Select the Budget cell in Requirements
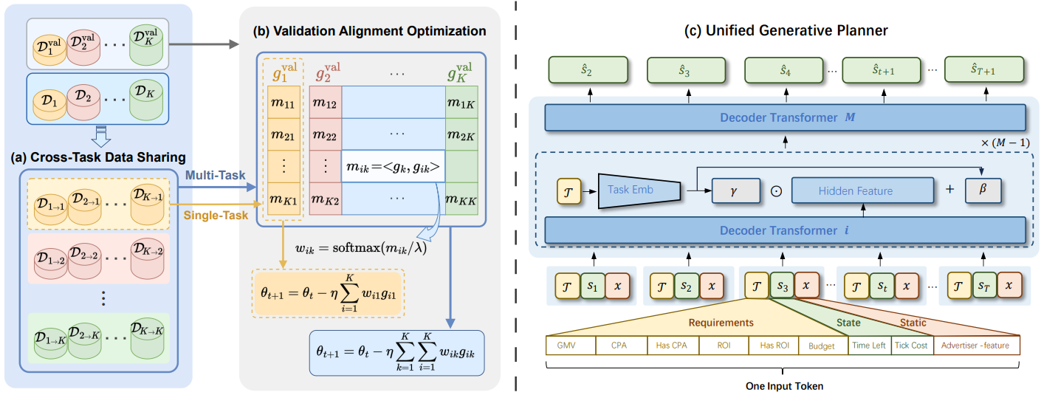click(822, 346)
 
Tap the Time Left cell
click(868, 346)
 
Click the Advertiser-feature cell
click(976, 346)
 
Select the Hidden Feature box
click(855, 190)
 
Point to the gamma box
click(735, 190)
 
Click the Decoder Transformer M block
click(785, 118)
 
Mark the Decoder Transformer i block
click(785, 230)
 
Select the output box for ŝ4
click(784, 71)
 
